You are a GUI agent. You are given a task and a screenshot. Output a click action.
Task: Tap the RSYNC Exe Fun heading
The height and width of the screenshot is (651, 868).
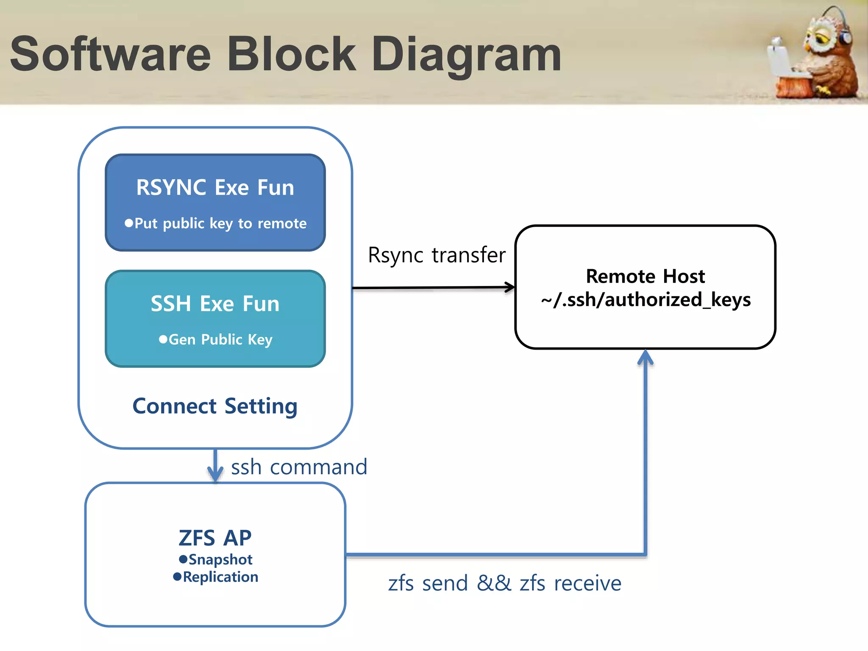(x=215, y=187)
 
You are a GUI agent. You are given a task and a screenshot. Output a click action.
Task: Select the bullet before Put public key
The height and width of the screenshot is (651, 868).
(x=128, y=223)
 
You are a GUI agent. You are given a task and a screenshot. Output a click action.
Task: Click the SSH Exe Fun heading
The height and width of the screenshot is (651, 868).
(x=215, y=304)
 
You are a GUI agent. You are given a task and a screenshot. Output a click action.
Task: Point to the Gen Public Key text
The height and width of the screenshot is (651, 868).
(x=220, y=339)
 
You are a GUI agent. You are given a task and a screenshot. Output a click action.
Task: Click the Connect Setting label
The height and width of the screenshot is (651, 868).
(x=215, y=406)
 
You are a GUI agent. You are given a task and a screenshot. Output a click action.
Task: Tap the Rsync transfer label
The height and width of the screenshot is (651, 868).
(x=437, y=255)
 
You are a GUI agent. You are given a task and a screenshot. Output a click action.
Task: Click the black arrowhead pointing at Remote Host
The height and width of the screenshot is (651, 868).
(x=510, y=287)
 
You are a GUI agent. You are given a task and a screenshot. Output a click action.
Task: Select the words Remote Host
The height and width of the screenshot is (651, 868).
(x=645, y=276)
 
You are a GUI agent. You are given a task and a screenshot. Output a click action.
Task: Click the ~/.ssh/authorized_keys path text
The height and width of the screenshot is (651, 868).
(x=645, y=300)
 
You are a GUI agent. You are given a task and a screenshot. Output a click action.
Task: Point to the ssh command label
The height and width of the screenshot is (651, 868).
(x=299, y=467)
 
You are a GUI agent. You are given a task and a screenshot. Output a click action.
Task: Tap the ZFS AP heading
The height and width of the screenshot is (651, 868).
(x=215, y=538)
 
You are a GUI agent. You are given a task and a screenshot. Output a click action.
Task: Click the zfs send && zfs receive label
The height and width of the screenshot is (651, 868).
(x=504, y=583)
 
